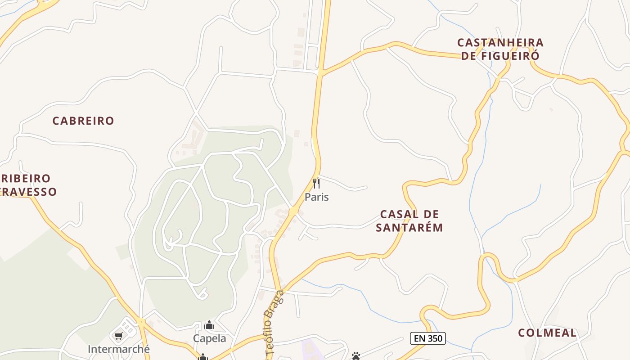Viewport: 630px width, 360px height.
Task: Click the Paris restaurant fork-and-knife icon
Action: click(x=316, y=184)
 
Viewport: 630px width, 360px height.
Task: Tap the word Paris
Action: click(x=317, y=197)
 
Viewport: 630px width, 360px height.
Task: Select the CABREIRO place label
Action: click(x=83, y=121)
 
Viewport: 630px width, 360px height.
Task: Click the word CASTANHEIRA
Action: click(x=500, y=43)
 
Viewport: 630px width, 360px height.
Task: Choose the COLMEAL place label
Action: click(x=547, y=333)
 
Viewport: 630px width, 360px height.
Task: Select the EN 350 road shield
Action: click(x=427, y=338)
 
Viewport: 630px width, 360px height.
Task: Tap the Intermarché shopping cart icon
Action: click(x=119, y=336)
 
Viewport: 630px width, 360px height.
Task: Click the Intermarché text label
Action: click(x=119, y=349)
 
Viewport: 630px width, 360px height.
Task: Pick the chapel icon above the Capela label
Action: click(x=209, y=325)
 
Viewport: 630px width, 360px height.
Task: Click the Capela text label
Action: click(x=210, y=338)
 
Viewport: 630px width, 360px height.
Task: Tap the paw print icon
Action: click(x=356, y=356)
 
